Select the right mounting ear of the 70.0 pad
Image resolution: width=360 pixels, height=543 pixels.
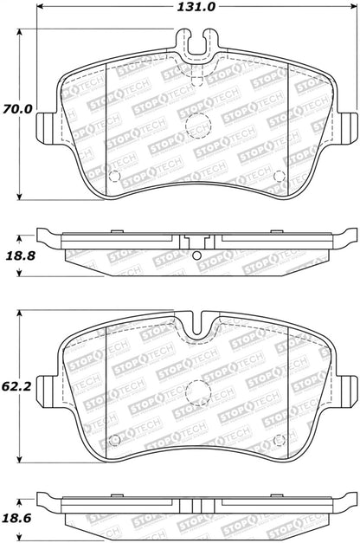coord(348,126)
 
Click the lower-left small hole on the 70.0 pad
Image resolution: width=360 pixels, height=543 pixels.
coord(115,177)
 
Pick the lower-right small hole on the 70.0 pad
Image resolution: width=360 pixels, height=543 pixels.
coord(279,177)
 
